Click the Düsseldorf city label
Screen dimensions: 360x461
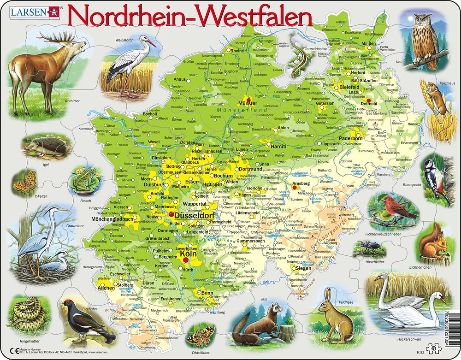[194, 215]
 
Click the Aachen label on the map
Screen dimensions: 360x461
[106, 288]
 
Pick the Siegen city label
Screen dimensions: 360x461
[303, 268]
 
